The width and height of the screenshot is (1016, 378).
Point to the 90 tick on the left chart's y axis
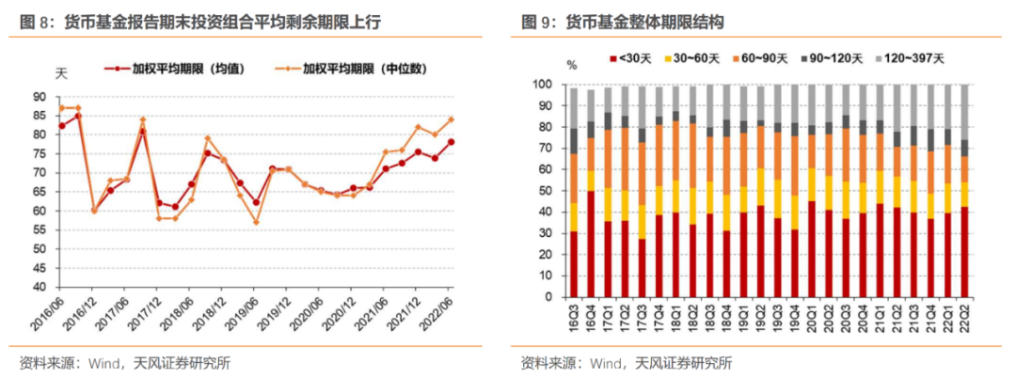pyautogui.click(x=40, y=96)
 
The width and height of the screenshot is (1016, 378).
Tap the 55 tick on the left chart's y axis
pyautogui.click(x=40, y=229)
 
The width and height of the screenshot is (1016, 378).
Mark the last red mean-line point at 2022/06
pyautogui.click(x=452, y=142)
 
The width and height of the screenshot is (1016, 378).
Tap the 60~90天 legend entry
pyautogui.click(x=761, y=58)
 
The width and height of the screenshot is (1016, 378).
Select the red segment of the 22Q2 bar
pyautogui.click(x=964, y=253)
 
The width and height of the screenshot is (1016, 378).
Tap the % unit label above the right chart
pyautogui.click(x=571, y=65)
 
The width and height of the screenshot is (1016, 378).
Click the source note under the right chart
pyautogui.click(x=626, y=363)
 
